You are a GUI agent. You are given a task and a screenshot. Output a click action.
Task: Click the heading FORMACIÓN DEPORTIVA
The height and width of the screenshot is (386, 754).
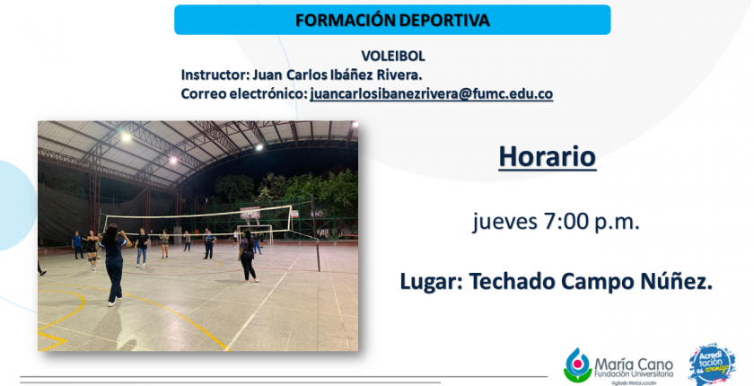click(x=392, y=20)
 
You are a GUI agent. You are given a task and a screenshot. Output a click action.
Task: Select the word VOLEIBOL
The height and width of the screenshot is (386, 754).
click(x=393, y=57)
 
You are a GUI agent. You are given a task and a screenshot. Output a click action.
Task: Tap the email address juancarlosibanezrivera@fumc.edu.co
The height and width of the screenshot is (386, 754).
click(x=432, y=93)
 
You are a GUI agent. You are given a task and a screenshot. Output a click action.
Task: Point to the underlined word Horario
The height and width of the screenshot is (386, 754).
click(x=548, y=157)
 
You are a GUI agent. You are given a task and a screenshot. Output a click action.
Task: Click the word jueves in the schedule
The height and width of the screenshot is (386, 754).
click(x=504, y=222)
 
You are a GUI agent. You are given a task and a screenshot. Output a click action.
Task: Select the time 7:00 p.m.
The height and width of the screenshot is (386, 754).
click(x=592, y=222)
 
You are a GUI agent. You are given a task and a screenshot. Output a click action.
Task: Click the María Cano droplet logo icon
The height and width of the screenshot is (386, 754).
click(x=577, y=364)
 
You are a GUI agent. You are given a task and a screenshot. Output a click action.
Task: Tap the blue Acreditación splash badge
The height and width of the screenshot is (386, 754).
click(x=712, y=364)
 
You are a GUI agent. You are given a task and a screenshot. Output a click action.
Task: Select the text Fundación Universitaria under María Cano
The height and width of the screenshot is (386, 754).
click(x=634, y=373)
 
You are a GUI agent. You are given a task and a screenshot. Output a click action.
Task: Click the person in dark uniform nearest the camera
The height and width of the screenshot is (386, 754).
click(x=113, y=265)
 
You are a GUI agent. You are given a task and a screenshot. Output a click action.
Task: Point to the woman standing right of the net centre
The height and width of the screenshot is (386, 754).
click(x=248, y=256)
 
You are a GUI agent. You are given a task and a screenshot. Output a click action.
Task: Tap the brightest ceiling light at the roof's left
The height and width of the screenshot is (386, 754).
click(x=126, y=137)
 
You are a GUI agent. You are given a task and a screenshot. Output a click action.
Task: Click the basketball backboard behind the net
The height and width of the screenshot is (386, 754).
click(x=250, y=213)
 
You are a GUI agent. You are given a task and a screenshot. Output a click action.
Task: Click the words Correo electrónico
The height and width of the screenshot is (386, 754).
click(x=244, y=93)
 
